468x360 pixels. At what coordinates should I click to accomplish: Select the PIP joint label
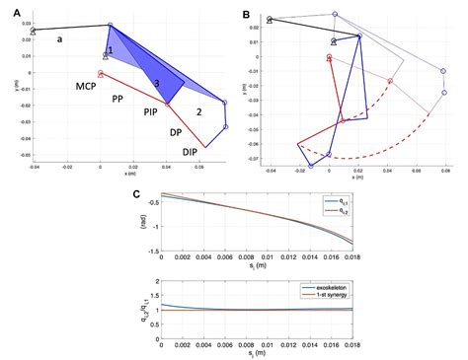pyautogui.click(x=152, y=113)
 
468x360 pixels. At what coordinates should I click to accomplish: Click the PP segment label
pyautogui.click(x=117, y=100)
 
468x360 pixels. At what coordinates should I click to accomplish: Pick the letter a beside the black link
pyautogui.click(x=60, y=39)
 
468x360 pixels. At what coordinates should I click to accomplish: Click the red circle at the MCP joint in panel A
pyautogui.click(x=101, y=73)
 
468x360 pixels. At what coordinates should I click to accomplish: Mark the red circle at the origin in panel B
pyautogui.click(x=329, y=58)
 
